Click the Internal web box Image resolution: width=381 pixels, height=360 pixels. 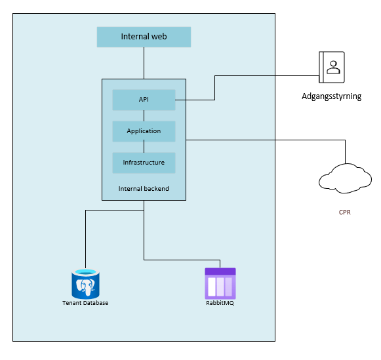[144, 37]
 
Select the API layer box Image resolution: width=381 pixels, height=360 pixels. [144, 100]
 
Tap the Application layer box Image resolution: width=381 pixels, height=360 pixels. [144, 131]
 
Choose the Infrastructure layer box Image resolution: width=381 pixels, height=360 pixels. [144, 163]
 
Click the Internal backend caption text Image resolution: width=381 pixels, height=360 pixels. [144, 189]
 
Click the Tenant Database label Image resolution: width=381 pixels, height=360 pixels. [85, 303]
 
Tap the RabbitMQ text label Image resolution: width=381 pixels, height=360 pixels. [220, 303]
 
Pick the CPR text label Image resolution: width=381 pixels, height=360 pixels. [344, 212]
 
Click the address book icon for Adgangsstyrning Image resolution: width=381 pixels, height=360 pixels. [332, 68]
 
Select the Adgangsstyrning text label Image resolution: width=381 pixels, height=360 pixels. [332, 96]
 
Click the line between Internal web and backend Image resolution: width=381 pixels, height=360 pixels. [144, 63]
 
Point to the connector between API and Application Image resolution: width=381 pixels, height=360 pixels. [144, 115]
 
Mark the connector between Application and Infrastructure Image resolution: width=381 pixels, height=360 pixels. [144, 147]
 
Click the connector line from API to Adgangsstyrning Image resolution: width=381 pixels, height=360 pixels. [214, 88]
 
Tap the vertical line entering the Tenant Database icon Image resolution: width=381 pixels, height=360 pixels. [85, 243]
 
